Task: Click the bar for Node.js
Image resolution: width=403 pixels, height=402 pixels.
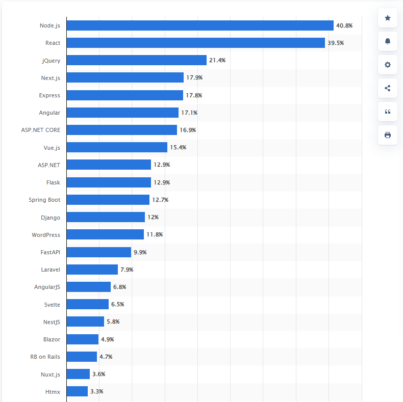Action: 200,25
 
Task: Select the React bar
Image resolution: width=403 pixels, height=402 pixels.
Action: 196,43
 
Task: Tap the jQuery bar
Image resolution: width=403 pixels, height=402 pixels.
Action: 137,60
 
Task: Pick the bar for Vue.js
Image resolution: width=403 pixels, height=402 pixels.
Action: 117,147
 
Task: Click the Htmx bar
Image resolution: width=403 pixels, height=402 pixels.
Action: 78,391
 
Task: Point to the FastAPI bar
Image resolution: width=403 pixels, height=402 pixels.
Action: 99,252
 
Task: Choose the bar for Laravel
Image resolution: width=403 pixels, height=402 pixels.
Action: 92,270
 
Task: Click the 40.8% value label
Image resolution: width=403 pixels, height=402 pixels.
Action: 344,25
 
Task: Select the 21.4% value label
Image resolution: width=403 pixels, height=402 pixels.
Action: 217,60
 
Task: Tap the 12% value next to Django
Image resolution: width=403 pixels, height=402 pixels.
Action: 153,217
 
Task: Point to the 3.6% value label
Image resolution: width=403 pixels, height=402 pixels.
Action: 98,374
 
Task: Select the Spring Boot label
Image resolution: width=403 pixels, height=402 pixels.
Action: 44,200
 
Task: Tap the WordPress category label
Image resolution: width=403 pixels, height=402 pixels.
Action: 46,235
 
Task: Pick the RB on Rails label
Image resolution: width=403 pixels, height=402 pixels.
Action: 45,357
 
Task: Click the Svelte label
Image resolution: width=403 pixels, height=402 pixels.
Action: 52,304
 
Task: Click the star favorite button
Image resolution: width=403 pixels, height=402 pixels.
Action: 388,18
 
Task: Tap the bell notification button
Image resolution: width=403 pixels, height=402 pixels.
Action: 388,41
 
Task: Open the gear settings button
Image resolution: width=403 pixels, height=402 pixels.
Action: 388,65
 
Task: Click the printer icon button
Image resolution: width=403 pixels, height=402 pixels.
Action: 388,135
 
